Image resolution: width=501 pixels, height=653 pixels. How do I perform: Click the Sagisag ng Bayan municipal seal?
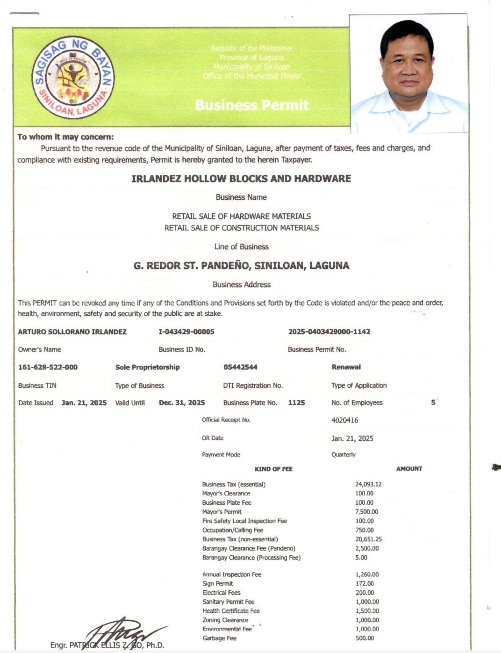pos(74,77)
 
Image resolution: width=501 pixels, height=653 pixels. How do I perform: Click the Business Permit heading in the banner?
pos(252,105)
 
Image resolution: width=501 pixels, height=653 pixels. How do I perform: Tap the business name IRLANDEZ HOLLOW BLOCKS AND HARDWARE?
pos(241,178)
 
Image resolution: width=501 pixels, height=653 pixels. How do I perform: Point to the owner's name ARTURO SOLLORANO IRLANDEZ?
pos(72,332)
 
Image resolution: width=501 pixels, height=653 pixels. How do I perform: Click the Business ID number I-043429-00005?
pos(186,332)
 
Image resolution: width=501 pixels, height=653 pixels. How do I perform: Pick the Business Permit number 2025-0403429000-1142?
pos(329,332)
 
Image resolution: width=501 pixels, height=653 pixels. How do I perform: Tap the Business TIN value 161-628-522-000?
pos(48,367)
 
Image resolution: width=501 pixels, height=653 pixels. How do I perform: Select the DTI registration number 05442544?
pos(240,367)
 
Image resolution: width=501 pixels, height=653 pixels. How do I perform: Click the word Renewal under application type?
pos(346,367)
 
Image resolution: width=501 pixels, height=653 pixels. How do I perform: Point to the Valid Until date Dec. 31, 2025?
pos(182,403)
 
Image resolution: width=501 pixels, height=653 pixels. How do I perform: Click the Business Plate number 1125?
pos(296,403)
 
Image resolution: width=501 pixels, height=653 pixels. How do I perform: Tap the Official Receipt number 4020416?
pos(344,420)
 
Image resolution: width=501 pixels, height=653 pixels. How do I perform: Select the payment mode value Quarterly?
pos(343,455)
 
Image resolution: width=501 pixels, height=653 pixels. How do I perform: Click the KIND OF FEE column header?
pos(273,469)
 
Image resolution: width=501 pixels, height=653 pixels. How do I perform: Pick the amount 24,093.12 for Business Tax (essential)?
pos(368,485)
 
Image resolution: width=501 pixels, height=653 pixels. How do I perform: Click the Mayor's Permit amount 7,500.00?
pos(366,512)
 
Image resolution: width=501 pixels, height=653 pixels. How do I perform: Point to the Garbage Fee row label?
pos(219,638)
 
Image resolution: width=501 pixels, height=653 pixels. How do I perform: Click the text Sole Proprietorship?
pos(147,367)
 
